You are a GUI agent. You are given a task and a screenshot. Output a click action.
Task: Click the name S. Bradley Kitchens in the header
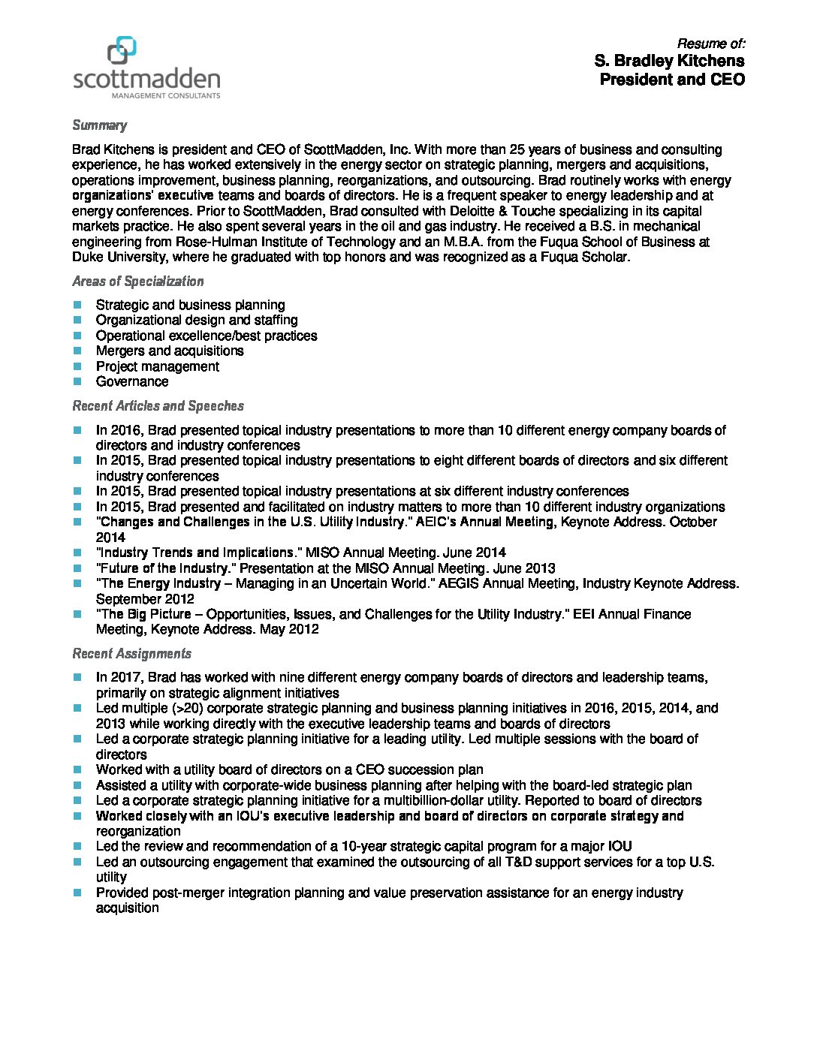pos(669,61)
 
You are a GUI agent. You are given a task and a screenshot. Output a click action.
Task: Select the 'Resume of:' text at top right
pos(710,44)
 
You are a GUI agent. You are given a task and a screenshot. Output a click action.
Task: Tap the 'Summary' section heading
pos(99,125)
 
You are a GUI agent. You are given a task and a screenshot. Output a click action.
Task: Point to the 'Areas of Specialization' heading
pos(137,282)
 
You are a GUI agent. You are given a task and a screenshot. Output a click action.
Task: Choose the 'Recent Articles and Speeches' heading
pos(158,406)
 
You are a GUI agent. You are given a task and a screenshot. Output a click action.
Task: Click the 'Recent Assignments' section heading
pos(131,654)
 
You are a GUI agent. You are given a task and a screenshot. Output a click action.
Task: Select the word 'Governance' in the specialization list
pos(132,381)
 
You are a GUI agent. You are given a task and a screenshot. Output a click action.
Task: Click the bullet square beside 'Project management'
pos(77,366)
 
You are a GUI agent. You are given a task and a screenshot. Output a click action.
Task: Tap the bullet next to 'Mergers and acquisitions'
pos(77,351)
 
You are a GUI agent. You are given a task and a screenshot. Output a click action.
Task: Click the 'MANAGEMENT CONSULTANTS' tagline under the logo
pos(165,96)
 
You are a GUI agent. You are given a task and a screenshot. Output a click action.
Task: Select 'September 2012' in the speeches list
pos(145,599)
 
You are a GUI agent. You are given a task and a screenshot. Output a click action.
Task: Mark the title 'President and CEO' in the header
pos(672,80)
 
